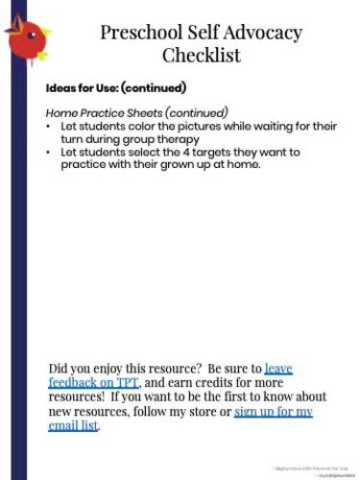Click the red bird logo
[26, 36]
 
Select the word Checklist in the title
[201, 55]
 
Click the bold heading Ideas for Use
[115, 88]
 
